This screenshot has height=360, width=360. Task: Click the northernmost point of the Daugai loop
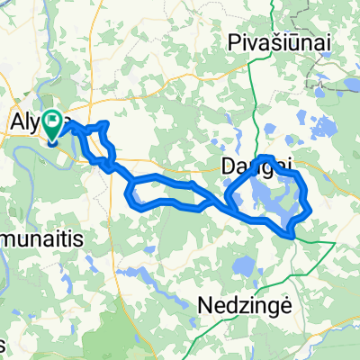pyautogui.click(x=265, y=158)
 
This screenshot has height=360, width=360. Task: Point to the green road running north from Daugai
pyautogui.click(x=270, y=99)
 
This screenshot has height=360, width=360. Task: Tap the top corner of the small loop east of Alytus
pyautogui.click(x=107, y=123)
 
